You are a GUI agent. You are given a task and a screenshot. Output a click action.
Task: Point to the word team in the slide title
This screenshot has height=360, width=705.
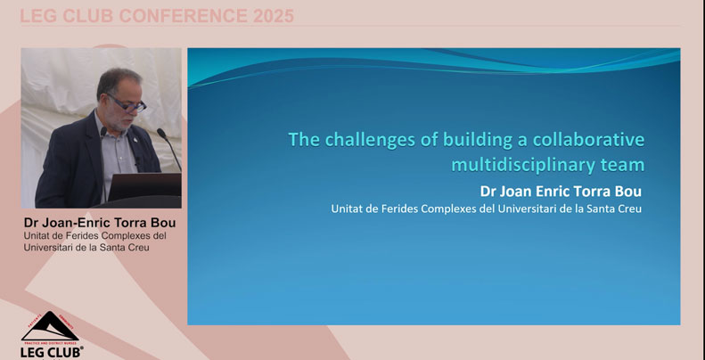point(622,164)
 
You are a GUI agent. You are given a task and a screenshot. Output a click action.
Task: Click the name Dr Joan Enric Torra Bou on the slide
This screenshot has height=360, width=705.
point(561,191)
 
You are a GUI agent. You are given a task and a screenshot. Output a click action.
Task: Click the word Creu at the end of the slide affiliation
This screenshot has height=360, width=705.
point(627,209)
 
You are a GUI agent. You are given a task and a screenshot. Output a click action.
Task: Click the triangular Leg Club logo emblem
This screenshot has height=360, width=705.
point(50,326)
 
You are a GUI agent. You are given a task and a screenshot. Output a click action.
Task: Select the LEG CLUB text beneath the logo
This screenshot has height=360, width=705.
point(50,351)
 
